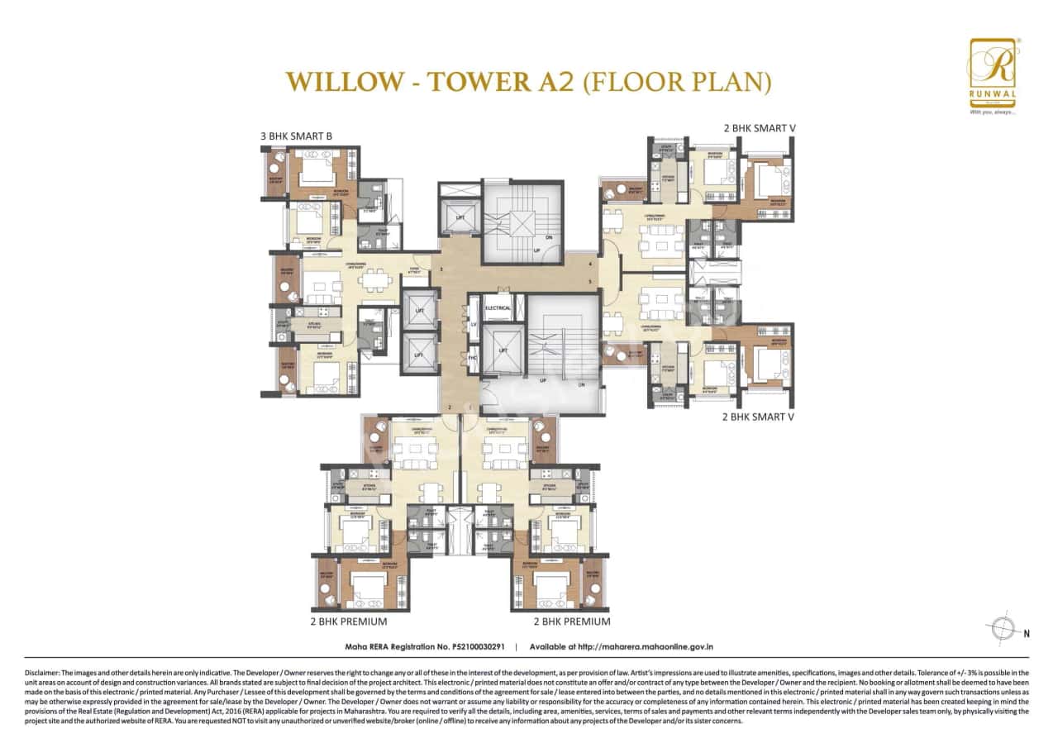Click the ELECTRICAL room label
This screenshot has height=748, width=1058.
(498, 308)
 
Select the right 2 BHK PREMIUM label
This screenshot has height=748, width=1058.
(572, 621)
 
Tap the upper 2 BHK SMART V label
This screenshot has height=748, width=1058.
(758, 128)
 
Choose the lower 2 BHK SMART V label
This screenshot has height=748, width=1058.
(758, 417)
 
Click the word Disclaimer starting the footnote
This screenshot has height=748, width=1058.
(43, 674)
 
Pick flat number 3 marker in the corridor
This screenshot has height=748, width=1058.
(442, 269)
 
